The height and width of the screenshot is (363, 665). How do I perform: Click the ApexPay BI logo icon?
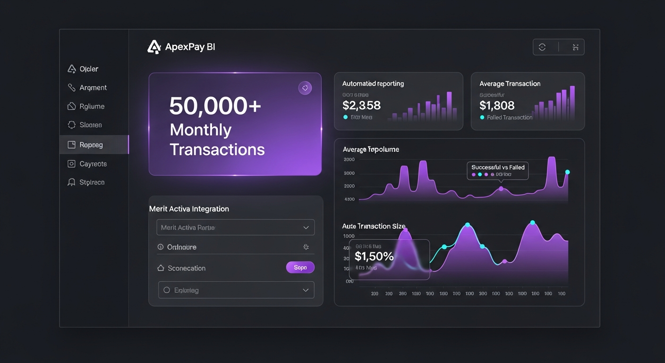(154, 47)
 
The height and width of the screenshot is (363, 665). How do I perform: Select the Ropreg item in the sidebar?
(91, 145)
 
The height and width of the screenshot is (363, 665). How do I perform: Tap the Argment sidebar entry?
(93, 87)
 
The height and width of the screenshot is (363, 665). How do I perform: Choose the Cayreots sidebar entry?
(93, 164)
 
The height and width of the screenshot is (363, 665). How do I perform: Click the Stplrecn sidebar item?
(92, 182)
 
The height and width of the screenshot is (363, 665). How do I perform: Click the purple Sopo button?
(300, 268)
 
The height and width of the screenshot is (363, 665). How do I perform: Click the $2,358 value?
(361, 105)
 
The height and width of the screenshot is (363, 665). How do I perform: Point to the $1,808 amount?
(497, 105)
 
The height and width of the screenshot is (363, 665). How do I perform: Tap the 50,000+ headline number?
(215, 106)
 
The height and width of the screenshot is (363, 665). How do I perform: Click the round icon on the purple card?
(305, 88)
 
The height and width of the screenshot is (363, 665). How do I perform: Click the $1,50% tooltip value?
(374, 256)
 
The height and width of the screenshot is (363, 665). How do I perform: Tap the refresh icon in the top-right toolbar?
(542, 47)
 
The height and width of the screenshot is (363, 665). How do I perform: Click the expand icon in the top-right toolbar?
(575, 47)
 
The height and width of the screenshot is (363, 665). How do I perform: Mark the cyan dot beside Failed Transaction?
(482, 117)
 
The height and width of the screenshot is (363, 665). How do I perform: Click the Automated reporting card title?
(373, 84)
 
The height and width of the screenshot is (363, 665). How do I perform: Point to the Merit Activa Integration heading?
(189, 208)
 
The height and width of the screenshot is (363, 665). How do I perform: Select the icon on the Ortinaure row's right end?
(306, 247)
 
